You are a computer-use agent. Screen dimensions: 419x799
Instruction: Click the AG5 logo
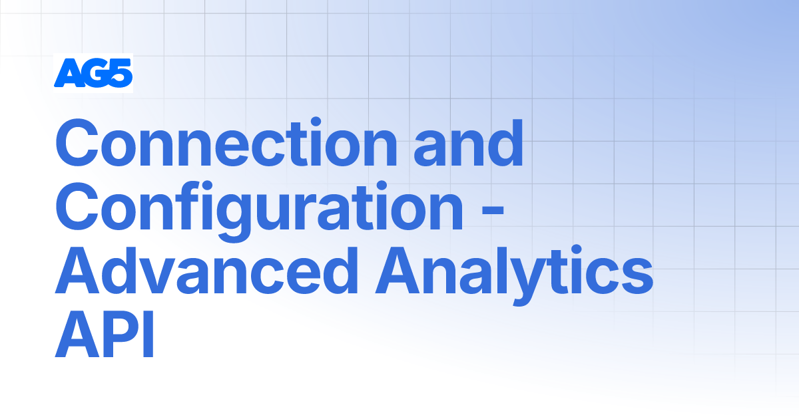(x=93, y=73)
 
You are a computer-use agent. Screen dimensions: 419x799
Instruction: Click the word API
(x=105, y=337)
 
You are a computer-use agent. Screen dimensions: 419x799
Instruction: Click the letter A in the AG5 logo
(x=67, y=73)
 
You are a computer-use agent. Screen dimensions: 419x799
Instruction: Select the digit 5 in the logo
(x=121, y=73)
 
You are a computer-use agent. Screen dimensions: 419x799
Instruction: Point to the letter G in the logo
(x=94, y=73)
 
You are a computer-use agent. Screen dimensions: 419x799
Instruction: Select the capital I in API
(x=148, y=337)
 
